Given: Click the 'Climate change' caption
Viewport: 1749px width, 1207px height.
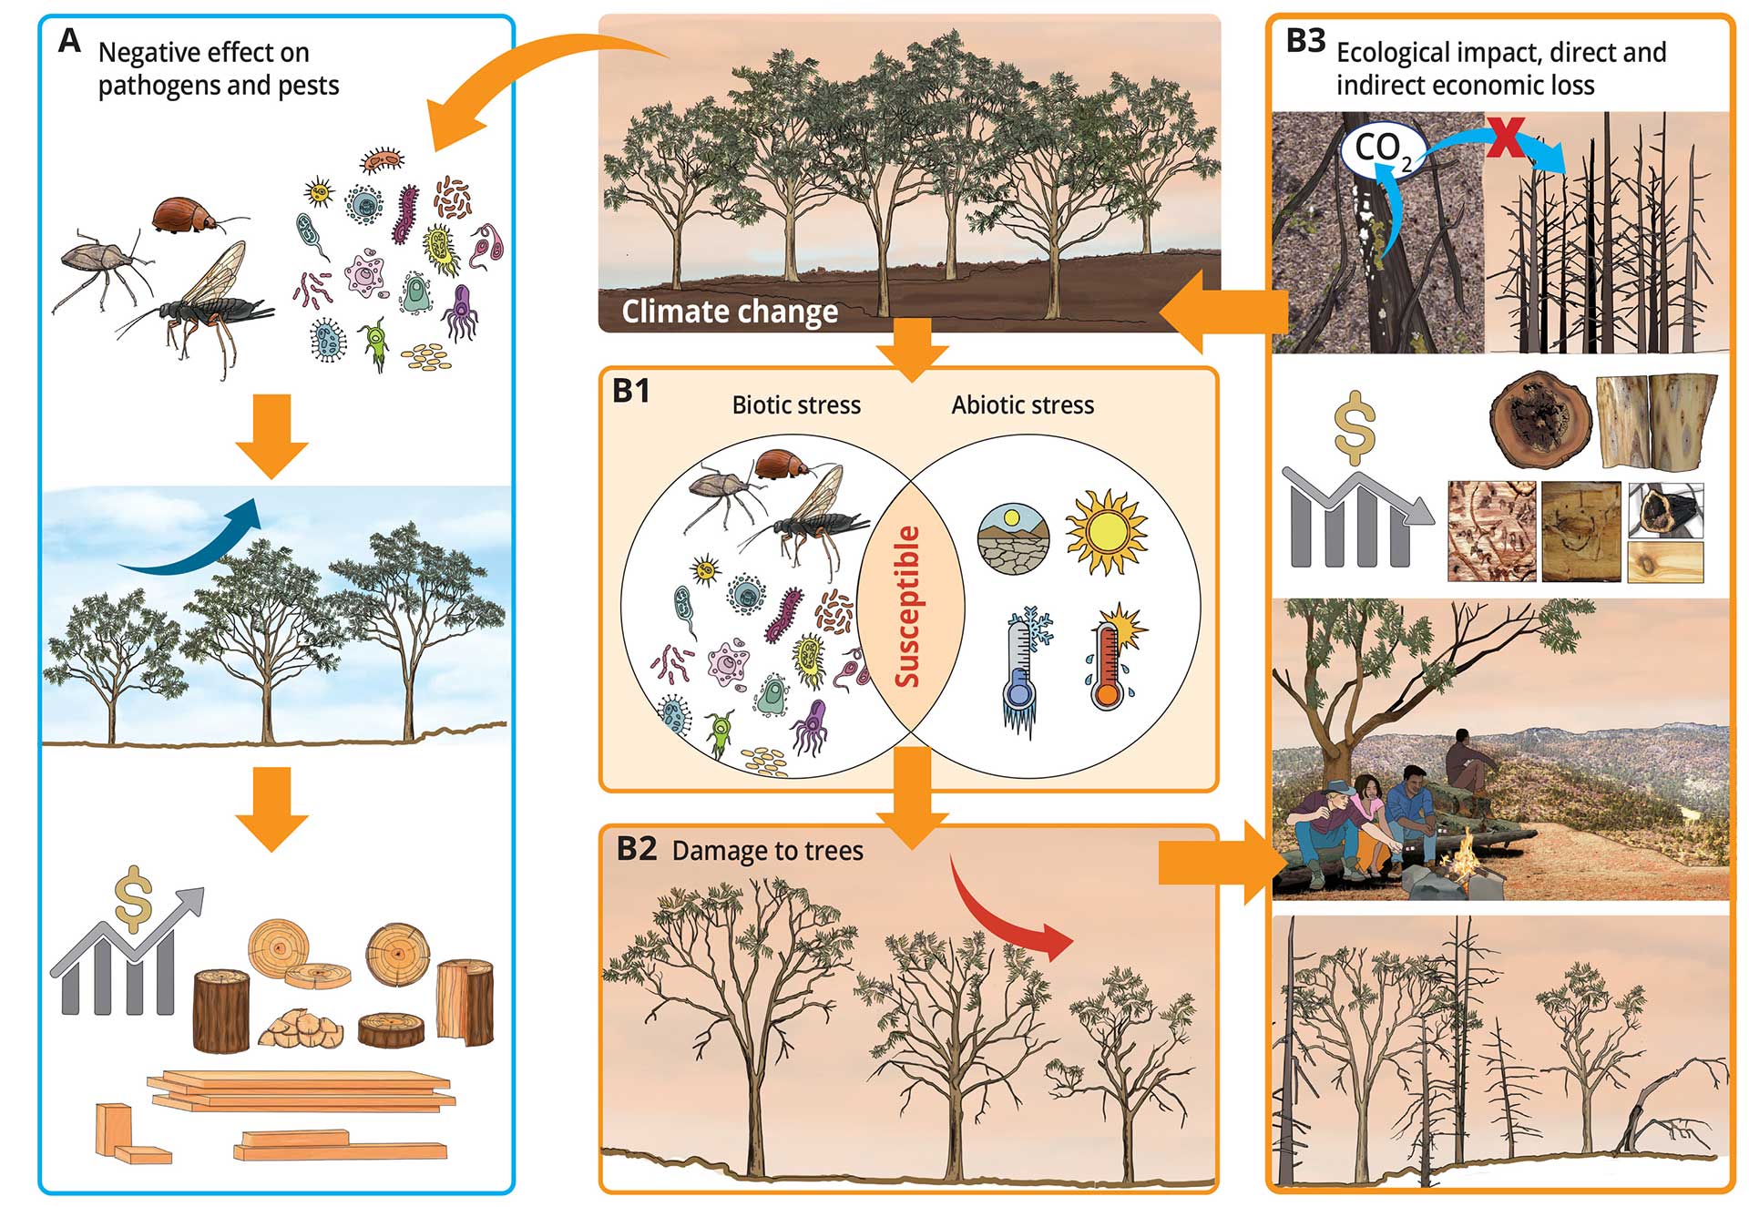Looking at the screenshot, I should click(x=730, y=312).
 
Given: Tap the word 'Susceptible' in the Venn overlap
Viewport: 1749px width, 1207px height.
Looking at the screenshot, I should click(x=908, y=607).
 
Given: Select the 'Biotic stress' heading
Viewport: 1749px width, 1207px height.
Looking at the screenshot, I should click(x=796, y=405).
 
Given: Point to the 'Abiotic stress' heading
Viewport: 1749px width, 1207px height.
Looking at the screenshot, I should click(x=1022, y=405).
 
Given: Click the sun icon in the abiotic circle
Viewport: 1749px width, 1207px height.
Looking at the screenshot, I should click(x=1106, y=532).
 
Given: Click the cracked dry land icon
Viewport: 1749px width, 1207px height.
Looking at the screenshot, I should click(x=1013, y=538).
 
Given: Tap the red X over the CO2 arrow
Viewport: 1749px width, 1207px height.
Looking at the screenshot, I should click(x=1506, y=137).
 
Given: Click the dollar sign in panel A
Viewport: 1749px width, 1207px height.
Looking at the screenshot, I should click(x=133, y=898).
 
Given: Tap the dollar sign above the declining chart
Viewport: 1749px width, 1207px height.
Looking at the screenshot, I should click(x=1354, y=428).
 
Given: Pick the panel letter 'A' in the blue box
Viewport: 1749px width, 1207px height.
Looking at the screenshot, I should click(x=69, y=42).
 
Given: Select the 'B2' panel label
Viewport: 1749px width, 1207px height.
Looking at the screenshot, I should click(x=636, y=849).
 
